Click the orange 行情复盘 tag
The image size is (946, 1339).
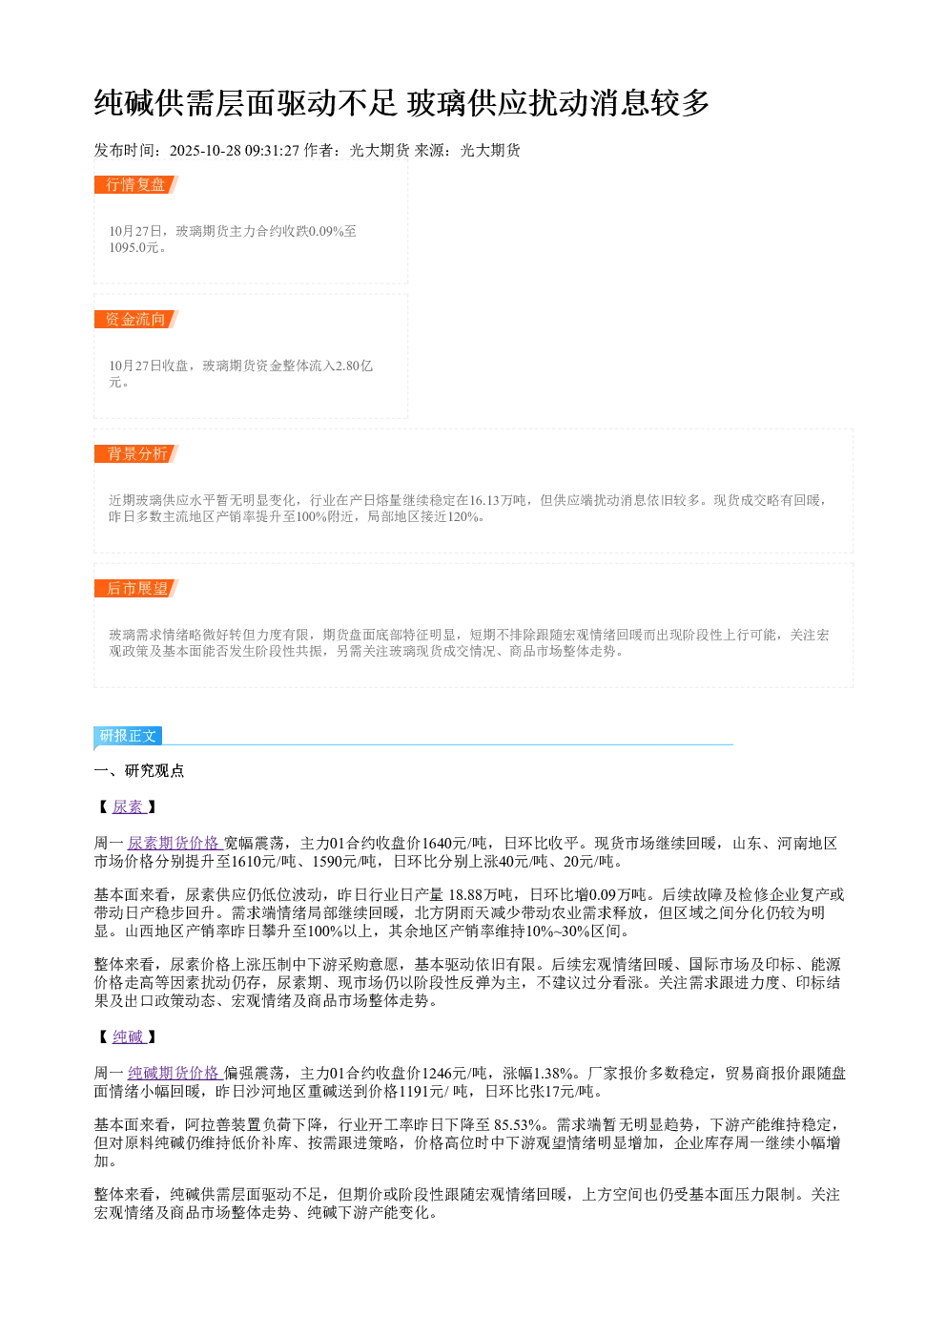pyautogui.click(x=136, y=185)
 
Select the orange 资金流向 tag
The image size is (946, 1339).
pyautogui.click(x=136, y=319)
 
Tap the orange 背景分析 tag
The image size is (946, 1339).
pyautogui.click(x=136, y=453)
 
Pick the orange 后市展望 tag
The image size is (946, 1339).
pyautogui.click(x=136, y=588)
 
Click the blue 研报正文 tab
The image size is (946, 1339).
pyautogui.click(x=128, y=735)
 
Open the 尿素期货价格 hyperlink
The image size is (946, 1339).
pyautogui.click(x=175, y=843)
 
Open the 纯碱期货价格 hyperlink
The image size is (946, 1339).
pyautogui.click(x=175, y=1073)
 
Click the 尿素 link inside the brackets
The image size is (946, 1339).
pyautogui.click(x=129, y=807)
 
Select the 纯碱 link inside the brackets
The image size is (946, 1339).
pyautogui.click(x=129, y=1037)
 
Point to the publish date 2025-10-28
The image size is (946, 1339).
pyautogui.click(x=205, y=151)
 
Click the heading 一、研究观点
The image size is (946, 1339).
pyautogui.click(x=139, y=771)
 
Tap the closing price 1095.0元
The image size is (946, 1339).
pyautogui.click(x=134, y=247)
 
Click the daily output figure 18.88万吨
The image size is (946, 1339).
pyautogui.click(x=481, y=895)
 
